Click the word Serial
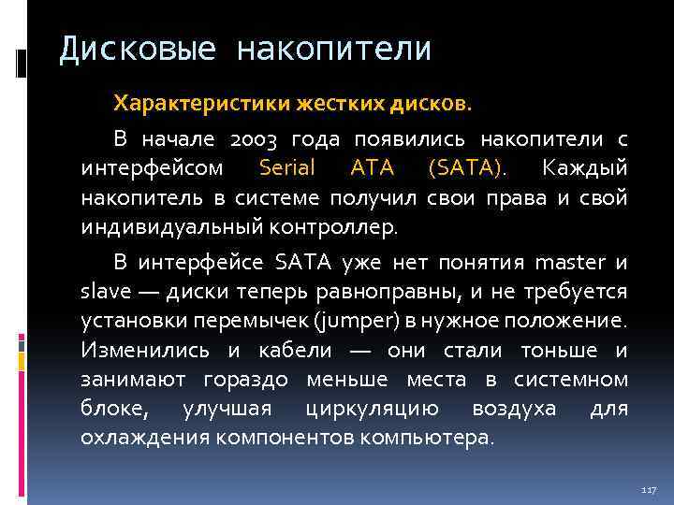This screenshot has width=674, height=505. [x=287, y=169]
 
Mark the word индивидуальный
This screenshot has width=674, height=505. [x=160, y=226]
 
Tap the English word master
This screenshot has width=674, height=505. [x=566, y=264]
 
